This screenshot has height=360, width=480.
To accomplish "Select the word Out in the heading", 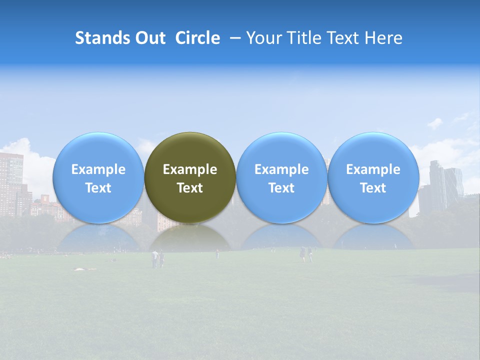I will point(149,38).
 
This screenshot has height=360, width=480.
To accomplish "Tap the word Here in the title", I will point(383,38).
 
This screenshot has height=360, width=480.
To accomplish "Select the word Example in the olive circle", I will point(190,169).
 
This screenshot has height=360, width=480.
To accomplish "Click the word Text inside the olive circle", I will point(190,188).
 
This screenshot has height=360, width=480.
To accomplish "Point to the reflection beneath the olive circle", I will point(190,239).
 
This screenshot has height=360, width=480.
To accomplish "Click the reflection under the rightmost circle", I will point(373,239).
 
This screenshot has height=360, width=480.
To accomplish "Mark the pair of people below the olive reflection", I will point(158,259).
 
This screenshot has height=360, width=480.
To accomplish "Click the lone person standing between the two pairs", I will point(217,254).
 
